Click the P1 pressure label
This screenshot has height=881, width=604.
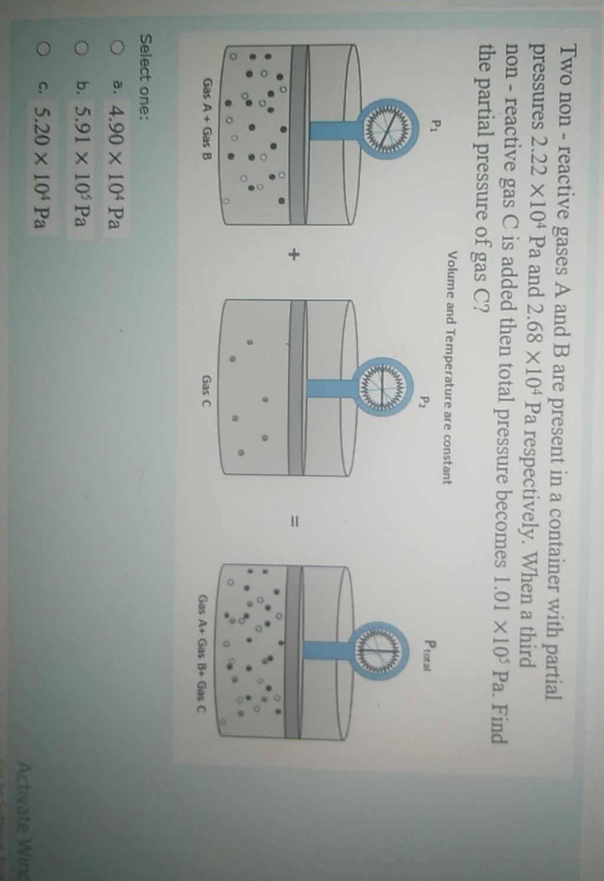click(x=435, y=126)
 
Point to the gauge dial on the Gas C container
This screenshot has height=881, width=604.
click(x=384, y=386)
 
